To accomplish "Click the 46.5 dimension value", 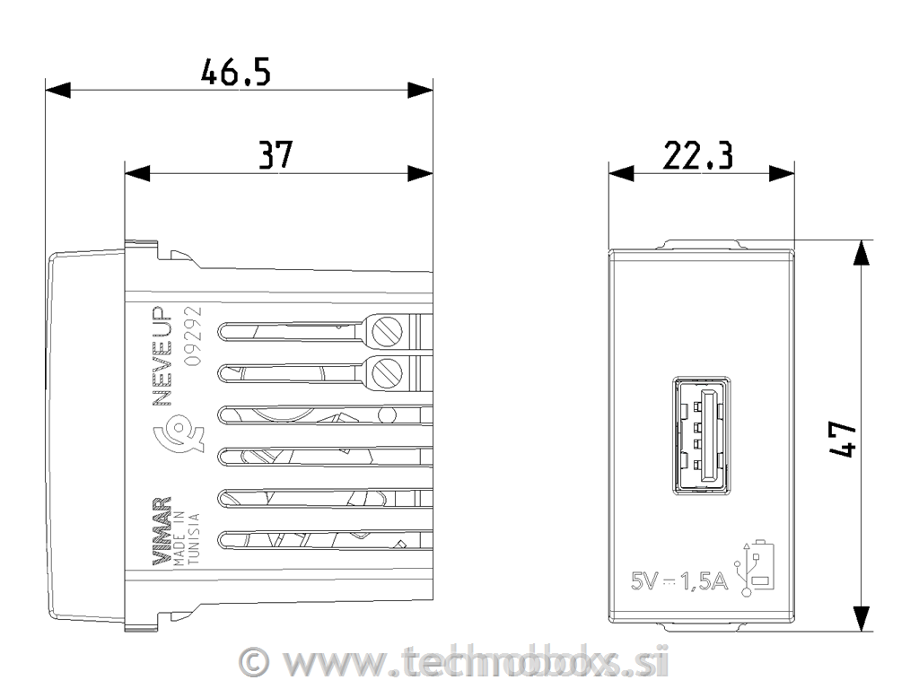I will (x=235, y=73).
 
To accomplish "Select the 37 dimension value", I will (x=276, y=155).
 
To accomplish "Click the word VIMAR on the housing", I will (x=162, y=530).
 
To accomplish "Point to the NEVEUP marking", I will (x=162, y=358).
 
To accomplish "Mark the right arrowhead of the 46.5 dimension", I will (x=420, y=90).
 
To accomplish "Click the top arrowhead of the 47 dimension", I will (x=861, y=253).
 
